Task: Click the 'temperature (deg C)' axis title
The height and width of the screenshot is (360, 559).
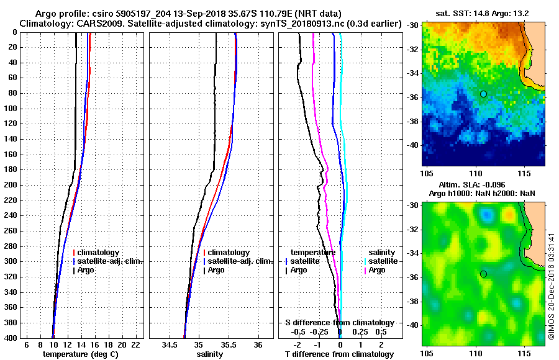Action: point(80,354)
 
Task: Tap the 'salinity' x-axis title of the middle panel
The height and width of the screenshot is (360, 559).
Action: point(209,354)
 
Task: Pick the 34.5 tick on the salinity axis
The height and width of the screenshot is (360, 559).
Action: point(170,344)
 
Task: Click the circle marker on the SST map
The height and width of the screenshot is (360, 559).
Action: point(483,94)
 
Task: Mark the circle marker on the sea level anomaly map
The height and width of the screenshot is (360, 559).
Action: point(483,274)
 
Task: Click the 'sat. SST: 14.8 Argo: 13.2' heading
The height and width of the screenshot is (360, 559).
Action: point(483,14)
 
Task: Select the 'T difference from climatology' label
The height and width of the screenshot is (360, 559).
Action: point(339,354)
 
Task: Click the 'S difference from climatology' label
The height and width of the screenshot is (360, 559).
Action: point(339,323)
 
